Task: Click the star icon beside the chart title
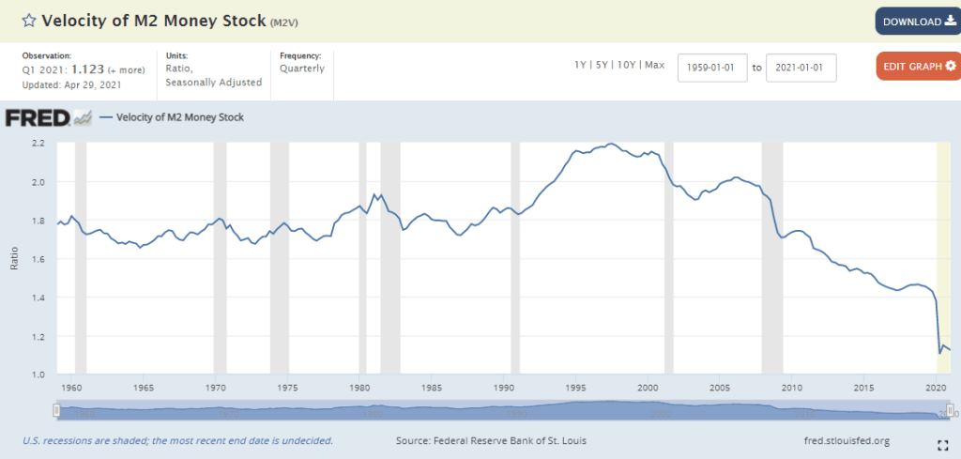(29, 22)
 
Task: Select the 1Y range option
(582, 65)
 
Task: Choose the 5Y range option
(603, 65)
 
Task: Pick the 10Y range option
(626, 65)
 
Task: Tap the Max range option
(654, 65)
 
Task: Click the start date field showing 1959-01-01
(712, 68)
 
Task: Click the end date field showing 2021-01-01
(801, 68)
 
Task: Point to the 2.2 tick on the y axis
(38, 143)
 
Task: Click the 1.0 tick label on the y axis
(38, 375)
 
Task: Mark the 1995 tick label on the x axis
(577, 387)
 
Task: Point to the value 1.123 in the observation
(88, 69)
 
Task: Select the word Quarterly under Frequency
(302, 69)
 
